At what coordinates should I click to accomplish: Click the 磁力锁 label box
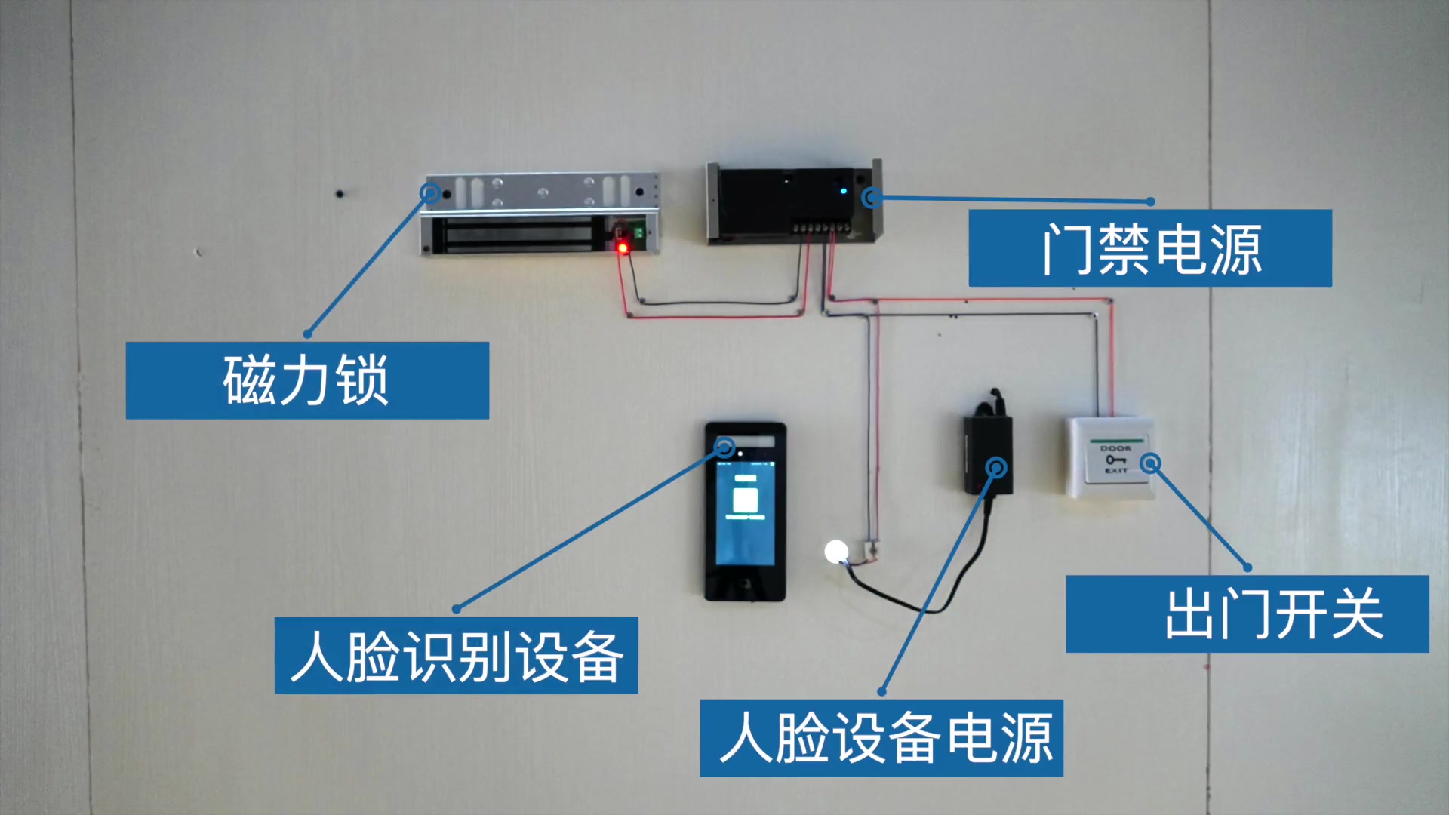click(307, 380)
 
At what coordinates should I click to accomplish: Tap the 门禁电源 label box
click(1150, 248)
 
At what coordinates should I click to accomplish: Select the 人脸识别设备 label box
click(456, 655)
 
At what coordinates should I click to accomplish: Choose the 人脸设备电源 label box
click(881, 737)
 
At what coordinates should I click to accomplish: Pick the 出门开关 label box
click(1247, 614)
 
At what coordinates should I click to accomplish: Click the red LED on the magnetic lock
click(623, 248)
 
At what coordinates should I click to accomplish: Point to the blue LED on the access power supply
click(844, 191)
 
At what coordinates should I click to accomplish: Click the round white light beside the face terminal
click(836, 552)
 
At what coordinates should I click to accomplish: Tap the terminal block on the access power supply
click(820, 226)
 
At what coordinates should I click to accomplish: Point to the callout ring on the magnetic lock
click(430, 192)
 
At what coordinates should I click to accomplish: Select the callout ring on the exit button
click(1150, 463)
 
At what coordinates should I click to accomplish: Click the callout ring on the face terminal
click(724, 447)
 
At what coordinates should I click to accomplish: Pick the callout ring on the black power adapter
click(997, 468)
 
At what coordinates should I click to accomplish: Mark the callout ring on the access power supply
click(872, 198)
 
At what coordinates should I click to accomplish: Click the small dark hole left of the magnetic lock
click(340, 194)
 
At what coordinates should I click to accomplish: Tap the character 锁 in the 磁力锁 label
click(362, 380)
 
